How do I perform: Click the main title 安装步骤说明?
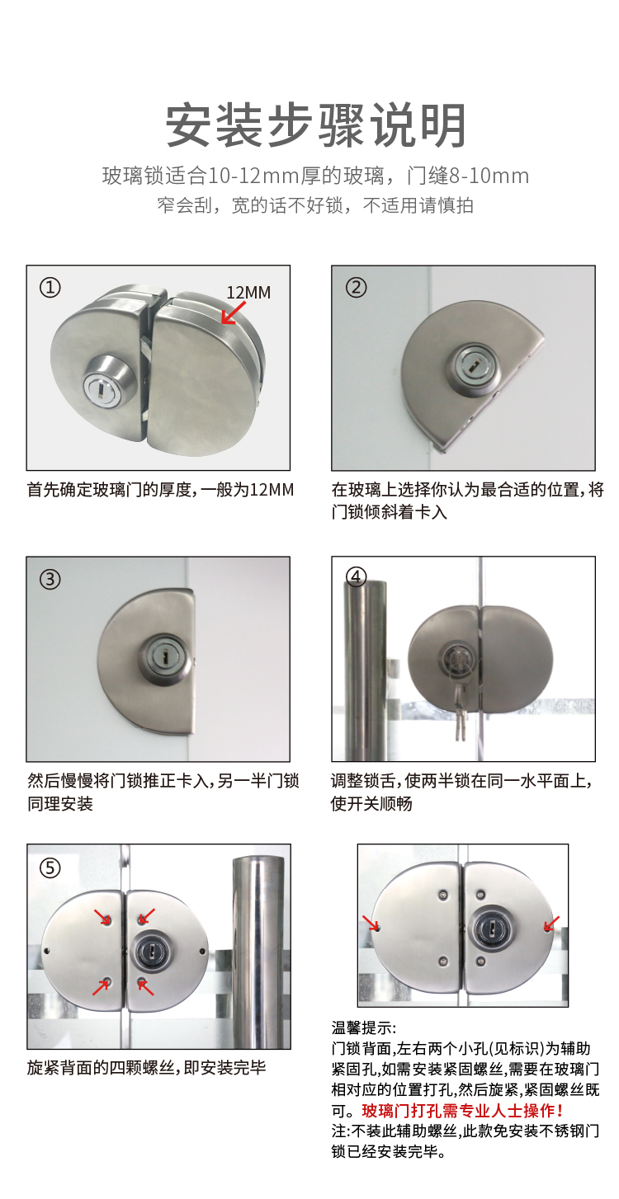coord(315,125)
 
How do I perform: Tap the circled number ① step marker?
coord(50,288)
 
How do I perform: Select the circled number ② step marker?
coord(356,288)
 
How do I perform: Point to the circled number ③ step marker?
coord(50,579)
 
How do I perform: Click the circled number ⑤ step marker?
coord(50,868)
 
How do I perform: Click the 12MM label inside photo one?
coord(248,293)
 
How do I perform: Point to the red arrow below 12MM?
coord(233,313)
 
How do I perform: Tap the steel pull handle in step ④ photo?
coord(365,669)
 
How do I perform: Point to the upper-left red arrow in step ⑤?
coord(102,917)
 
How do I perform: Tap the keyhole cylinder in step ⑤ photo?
coord(152,952)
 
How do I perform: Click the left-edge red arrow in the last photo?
coord(371,923)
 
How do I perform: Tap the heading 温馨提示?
coord(363,1028)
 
